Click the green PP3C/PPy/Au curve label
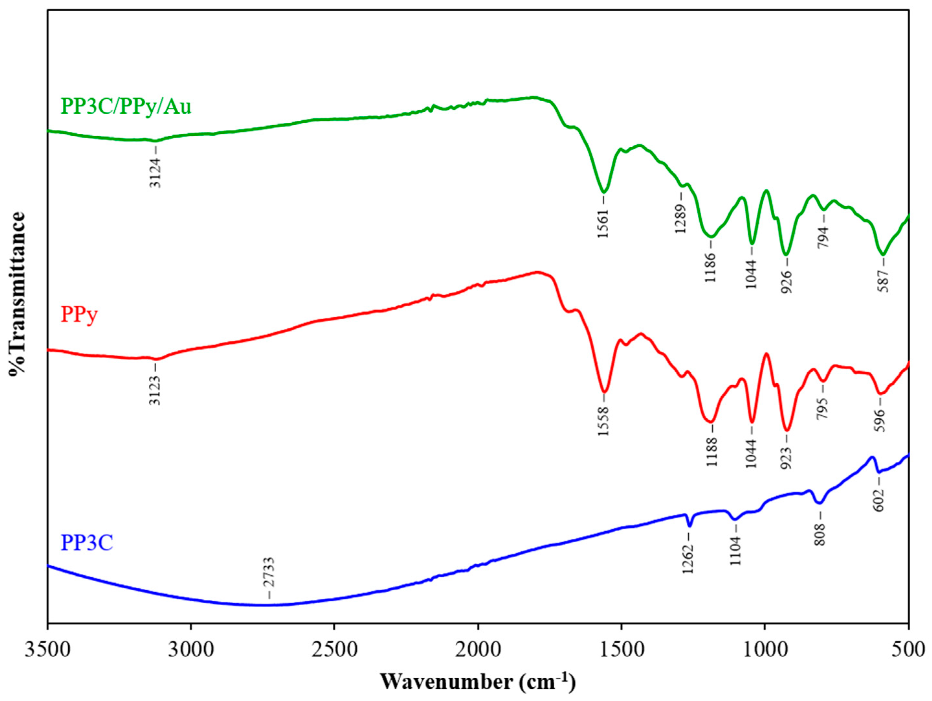click(126, 106)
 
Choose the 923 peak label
click(787, 458)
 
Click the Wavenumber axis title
click(478, 682)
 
